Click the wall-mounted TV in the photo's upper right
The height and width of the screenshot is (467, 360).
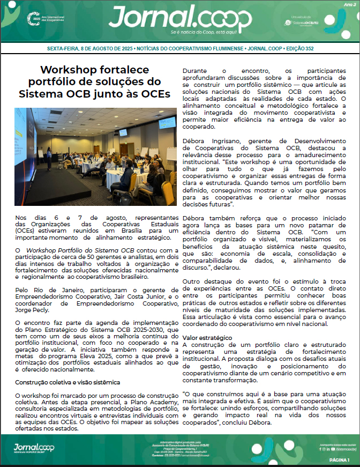pos(123,132)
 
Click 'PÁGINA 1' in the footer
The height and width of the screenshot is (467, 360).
pos(339,460)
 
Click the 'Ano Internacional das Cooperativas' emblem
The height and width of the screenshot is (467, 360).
pos(43,18)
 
